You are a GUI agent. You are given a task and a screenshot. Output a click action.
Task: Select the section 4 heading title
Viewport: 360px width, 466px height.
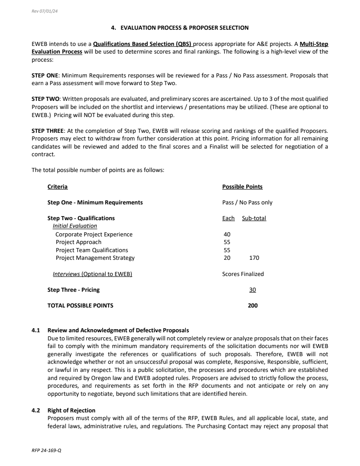(x=180, y=28)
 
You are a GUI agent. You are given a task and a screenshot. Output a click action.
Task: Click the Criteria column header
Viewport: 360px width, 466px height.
(x=58, y=187)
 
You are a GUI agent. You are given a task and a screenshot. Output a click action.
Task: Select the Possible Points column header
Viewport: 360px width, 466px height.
(x=242, y=187)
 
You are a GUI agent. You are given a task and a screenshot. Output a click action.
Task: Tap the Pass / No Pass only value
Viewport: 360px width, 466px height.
(x=247, y=203)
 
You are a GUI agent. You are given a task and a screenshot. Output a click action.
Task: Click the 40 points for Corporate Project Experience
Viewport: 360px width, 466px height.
(x=227, y=235)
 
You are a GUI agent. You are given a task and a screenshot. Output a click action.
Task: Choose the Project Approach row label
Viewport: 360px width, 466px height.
(x=78, y=242)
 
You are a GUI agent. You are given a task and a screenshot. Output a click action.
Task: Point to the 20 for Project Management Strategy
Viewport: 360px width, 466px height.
(x=227, y=258)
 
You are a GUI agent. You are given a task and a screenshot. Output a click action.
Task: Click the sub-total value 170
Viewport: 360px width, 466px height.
(x=254, y=258)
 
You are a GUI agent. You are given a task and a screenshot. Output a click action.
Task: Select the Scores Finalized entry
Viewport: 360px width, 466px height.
(x=243, y=274)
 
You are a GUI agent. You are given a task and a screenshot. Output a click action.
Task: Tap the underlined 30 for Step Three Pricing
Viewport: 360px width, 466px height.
(x=252, y=290)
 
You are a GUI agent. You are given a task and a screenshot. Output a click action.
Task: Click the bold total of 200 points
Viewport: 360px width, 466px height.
(x=252, y=306)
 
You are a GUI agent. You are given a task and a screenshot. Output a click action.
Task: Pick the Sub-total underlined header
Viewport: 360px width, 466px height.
(x=254, y=218)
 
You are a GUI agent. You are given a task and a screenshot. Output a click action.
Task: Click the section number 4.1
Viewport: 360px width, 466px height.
(x=36, y=330)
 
